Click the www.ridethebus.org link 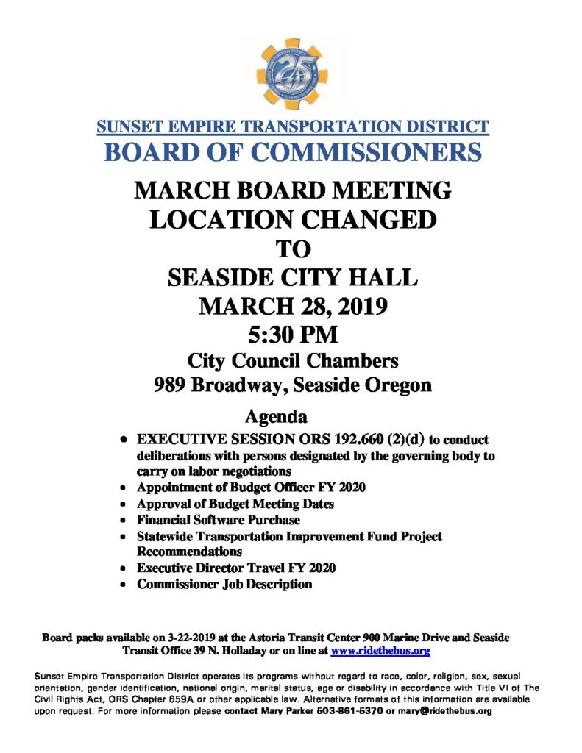pos(380,651)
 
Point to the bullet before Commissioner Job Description pos(124,585)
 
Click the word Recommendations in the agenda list pos(190,551)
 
